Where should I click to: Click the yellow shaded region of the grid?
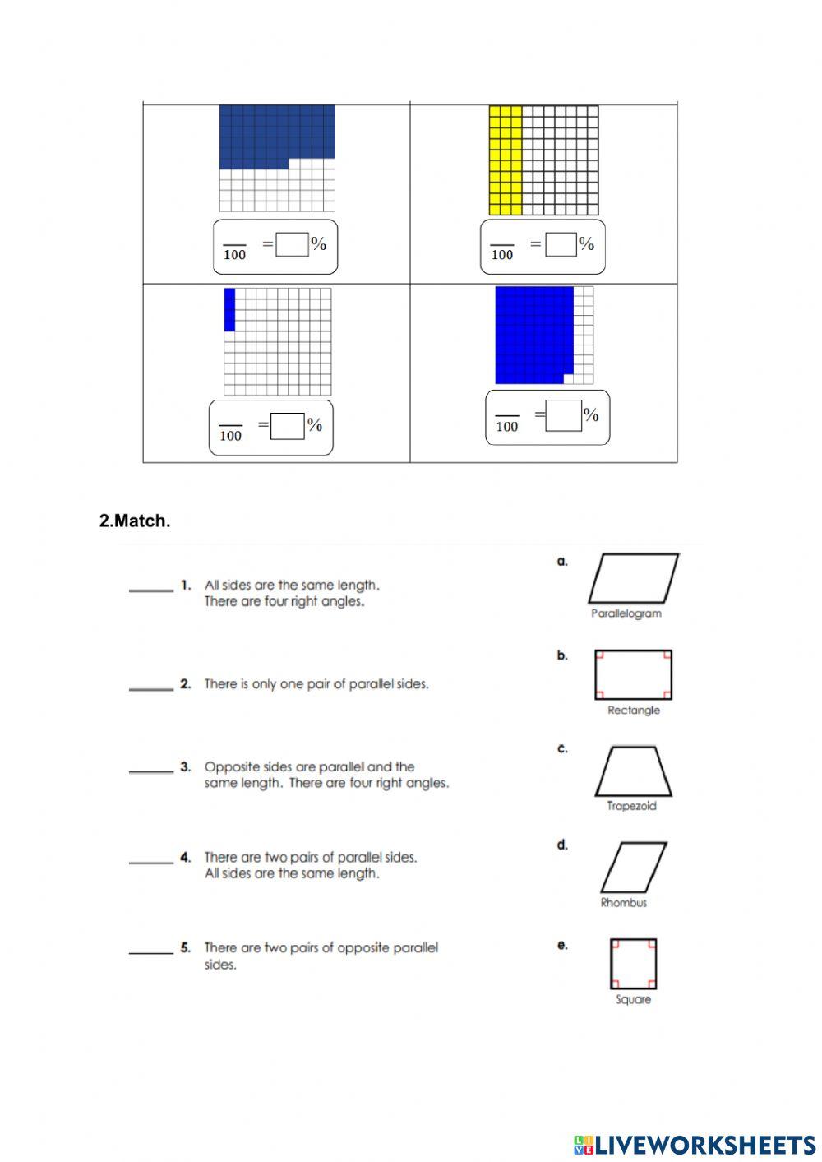click(x=505, y=160)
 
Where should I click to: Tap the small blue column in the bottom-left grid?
click(x=229, y=309)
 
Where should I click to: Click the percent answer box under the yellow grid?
click(x=561, y=244)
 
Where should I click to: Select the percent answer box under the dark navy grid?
click(x=292, y=244)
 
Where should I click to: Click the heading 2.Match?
click(x=135, y=521)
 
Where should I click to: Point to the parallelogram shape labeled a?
click(x=633, y=579)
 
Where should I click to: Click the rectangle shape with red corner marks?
click(x=633, y=674)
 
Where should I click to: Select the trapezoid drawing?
click(x=633, y=771)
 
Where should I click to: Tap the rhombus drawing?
click(x=633, y=868)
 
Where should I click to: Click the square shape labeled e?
click(x=633, y=963)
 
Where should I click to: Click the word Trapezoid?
click(x=631, y=806)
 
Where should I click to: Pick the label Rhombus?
click(x=623, y=902)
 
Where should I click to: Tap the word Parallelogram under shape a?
click(x=626, y=613)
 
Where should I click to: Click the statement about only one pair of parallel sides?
click(x=316, y=684)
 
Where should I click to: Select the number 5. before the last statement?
click(x=186, y=947)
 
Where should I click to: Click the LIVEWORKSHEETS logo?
click(x=694, y=1144)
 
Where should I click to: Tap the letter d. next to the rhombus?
click(x=562, y=845)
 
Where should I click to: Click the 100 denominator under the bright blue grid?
click(x=507, y=426)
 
